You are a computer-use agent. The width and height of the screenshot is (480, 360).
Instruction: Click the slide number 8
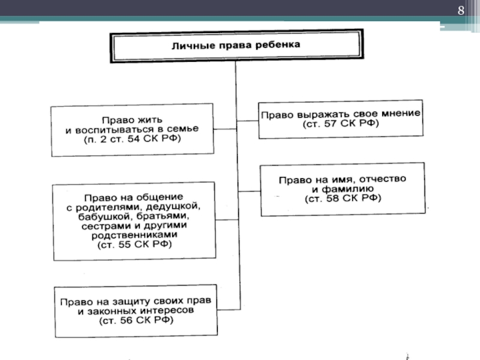click(x=461, y=10)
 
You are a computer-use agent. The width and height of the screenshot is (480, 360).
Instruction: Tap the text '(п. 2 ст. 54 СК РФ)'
click(x=131, y=139)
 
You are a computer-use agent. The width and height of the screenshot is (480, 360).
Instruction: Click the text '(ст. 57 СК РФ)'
click(x=341, y=123)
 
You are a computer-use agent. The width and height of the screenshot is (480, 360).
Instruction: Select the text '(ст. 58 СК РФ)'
click(x=342, y=197)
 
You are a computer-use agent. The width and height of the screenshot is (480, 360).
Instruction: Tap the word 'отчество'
click(x=381, y=178)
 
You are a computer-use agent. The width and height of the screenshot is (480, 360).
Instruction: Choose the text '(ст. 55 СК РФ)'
click(x=134, y=245)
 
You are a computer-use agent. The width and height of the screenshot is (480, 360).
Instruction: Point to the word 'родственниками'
click(x=134, y=235)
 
